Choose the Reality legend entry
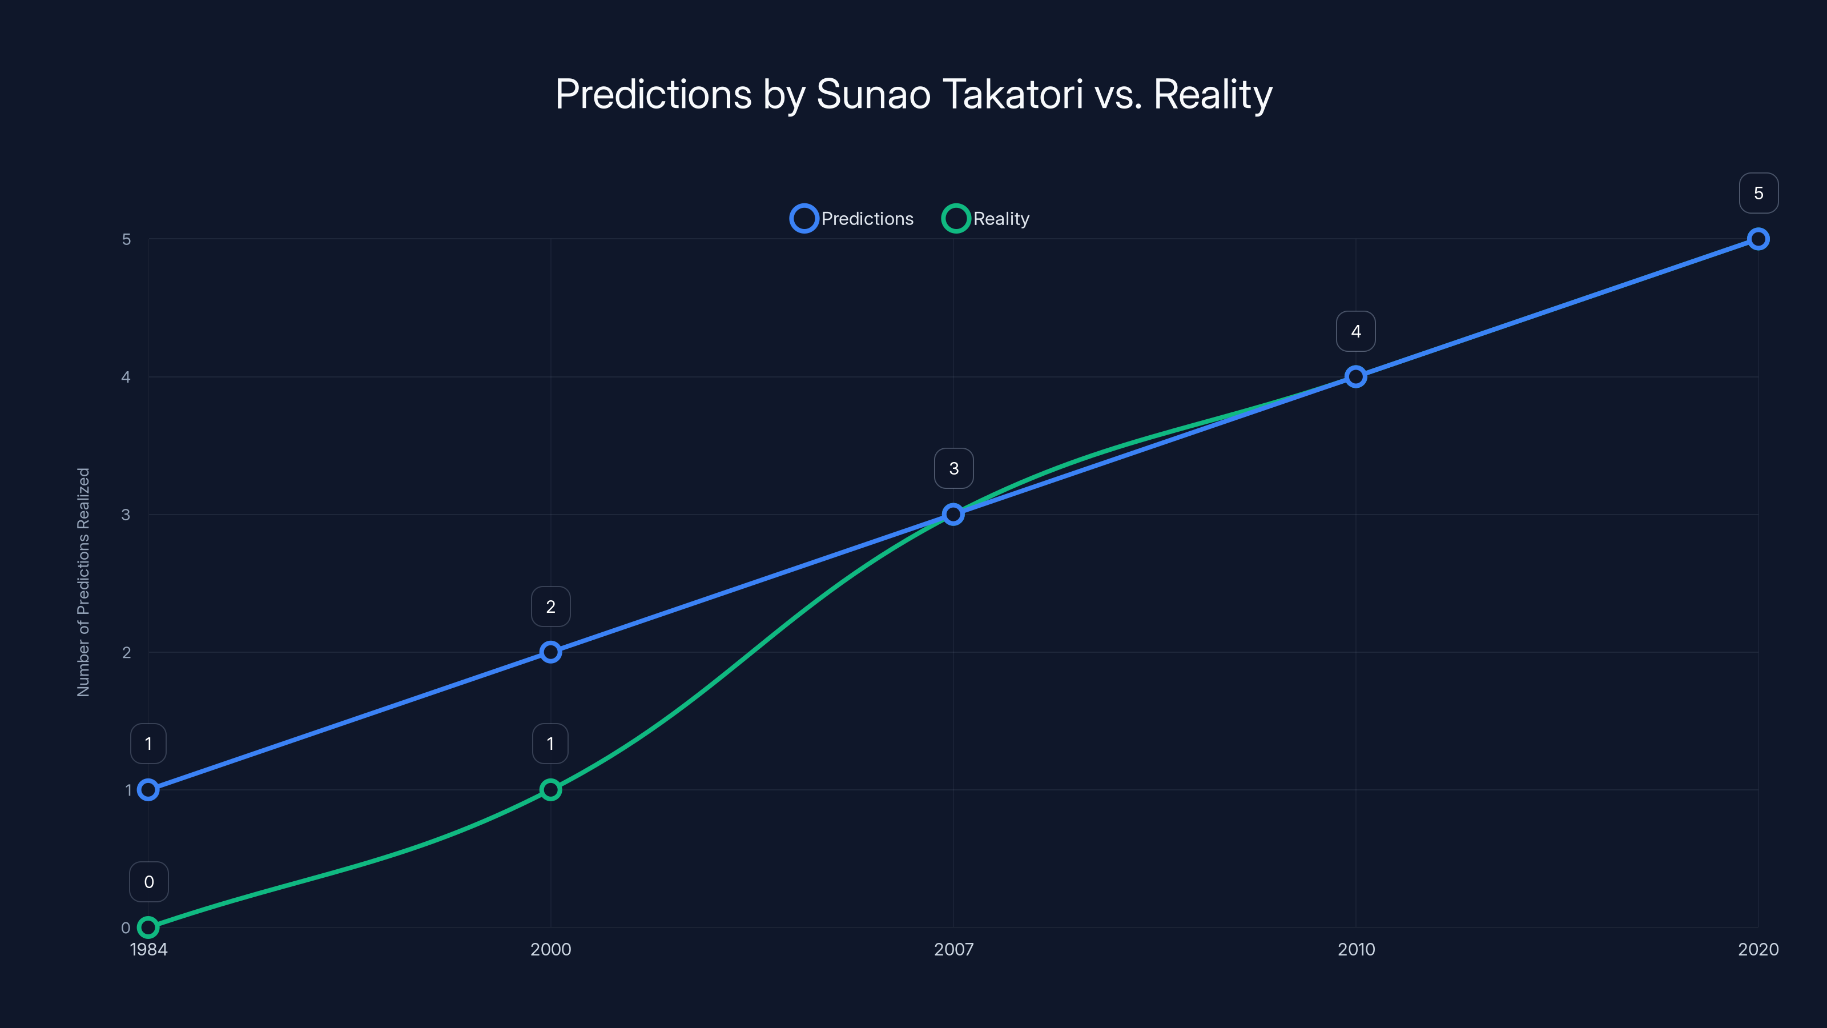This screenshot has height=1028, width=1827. click(986, 219)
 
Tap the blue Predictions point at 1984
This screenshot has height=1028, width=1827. click(148, 790)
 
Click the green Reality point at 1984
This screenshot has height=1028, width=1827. click(148, 927)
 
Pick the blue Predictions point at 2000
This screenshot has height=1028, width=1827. click(550, 652)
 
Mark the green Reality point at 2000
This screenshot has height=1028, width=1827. click(550, 790)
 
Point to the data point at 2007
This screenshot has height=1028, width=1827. click(953, 515)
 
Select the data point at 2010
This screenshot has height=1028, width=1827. click(1355, 377)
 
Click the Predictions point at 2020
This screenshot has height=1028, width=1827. click(1758, 239)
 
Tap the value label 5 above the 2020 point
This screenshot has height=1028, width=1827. click(1758, 193)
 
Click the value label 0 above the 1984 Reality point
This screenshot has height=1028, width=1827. click(149, 882)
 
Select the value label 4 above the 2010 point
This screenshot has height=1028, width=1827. click(1355, 331)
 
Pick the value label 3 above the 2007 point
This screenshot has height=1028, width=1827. click(953, 468)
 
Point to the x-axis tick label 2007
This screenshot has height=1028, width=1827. click(953, 949)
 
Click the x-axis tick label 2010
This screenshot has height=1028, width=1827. click(1355, 949)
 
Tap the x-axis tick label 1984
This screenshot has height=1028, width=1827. click(149, 949)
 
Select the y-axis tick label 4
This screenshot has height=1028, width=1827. click(126, 377)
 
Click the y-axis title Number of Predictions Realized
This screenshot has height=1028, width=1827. click(84, 582)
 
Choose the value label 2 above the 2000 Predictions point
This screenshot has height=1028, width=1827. click(550, 607)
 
